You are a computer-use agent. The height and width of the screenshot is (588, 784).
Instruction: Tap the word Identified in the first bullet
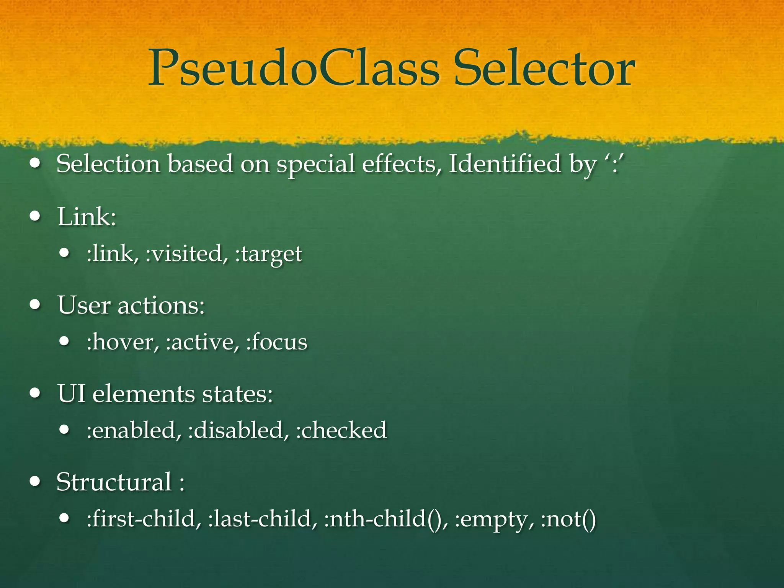(x=505, y=164)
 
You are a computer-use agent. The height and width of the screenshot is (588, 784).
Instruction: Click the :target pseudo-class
(x=269, y=254)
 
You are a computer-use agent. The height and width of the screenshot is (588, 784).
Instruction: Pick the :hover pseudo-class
(x=123, y=341)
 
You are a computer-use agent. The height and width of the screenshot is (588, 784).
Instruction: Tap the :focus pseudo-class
(x=277, y=341)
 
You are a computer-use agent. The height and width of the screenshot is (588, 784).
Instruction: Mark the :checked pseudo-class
(x=341, y=430)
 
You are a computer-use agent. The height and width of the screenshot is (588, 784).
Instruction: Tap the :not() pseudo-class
(x=568, y=519)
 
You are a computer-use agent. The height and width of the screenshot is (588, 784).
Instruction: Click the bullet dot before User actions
(x=35, y=305)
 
